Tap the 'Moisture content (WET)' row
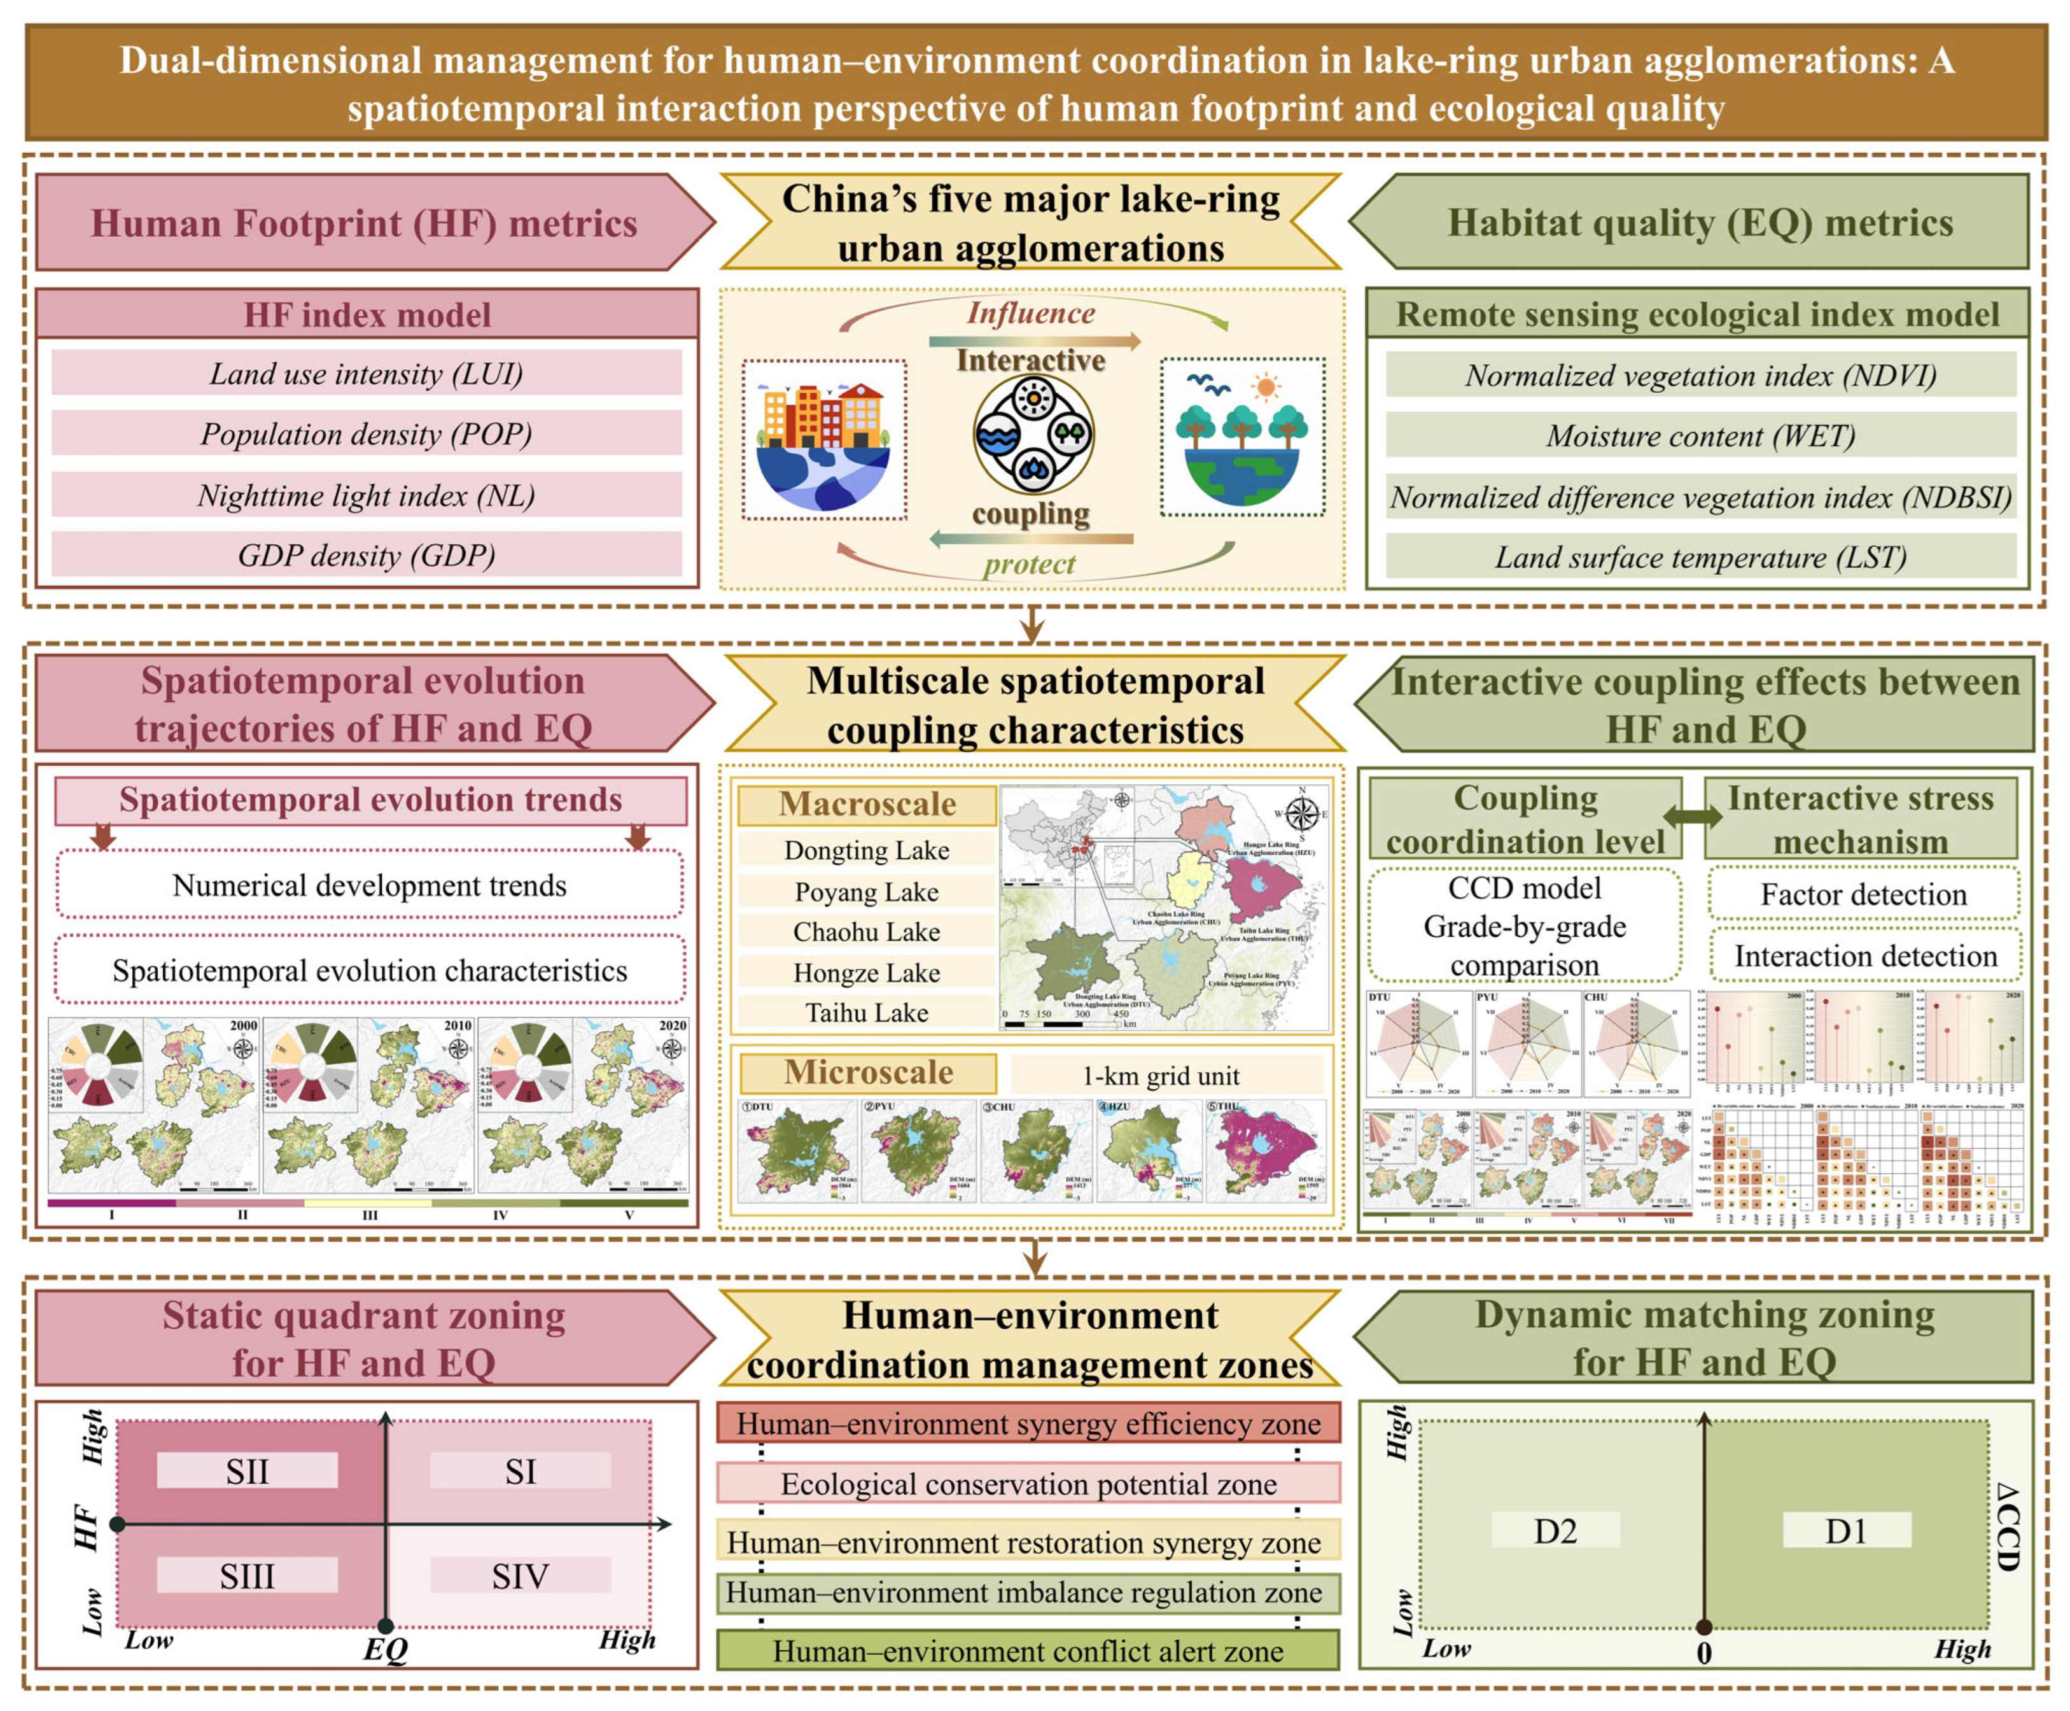(1700, 435)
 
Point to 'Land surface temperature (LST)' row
(1700, 558)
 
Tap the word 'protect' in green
(1028, 564)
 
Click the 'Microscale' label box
(867, 1073)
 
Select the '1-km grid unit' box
(1161, 1075)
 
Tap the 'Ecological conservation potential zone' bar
(1028, 1483)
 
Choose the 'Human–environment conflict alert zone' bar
(1028, 1651)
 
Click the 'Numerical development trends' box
(370, 885)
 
